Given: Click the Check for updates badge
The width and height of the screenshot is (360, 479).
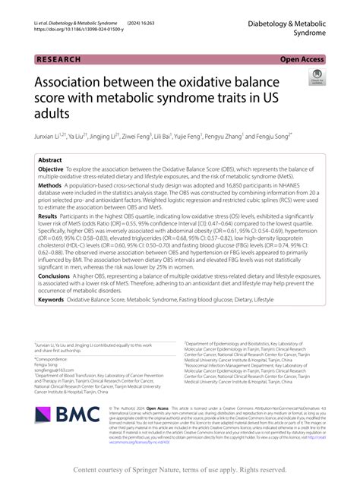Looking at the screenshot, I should [316, 77].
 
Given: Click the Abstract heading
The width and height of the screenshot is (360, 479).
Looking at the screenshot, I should [50, 160].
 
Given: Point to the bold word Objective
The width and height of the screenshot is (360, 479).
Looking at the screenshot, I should [51, 171].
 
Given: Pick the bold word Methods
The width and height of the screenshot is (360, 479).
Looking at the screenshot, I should [50, 185].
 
